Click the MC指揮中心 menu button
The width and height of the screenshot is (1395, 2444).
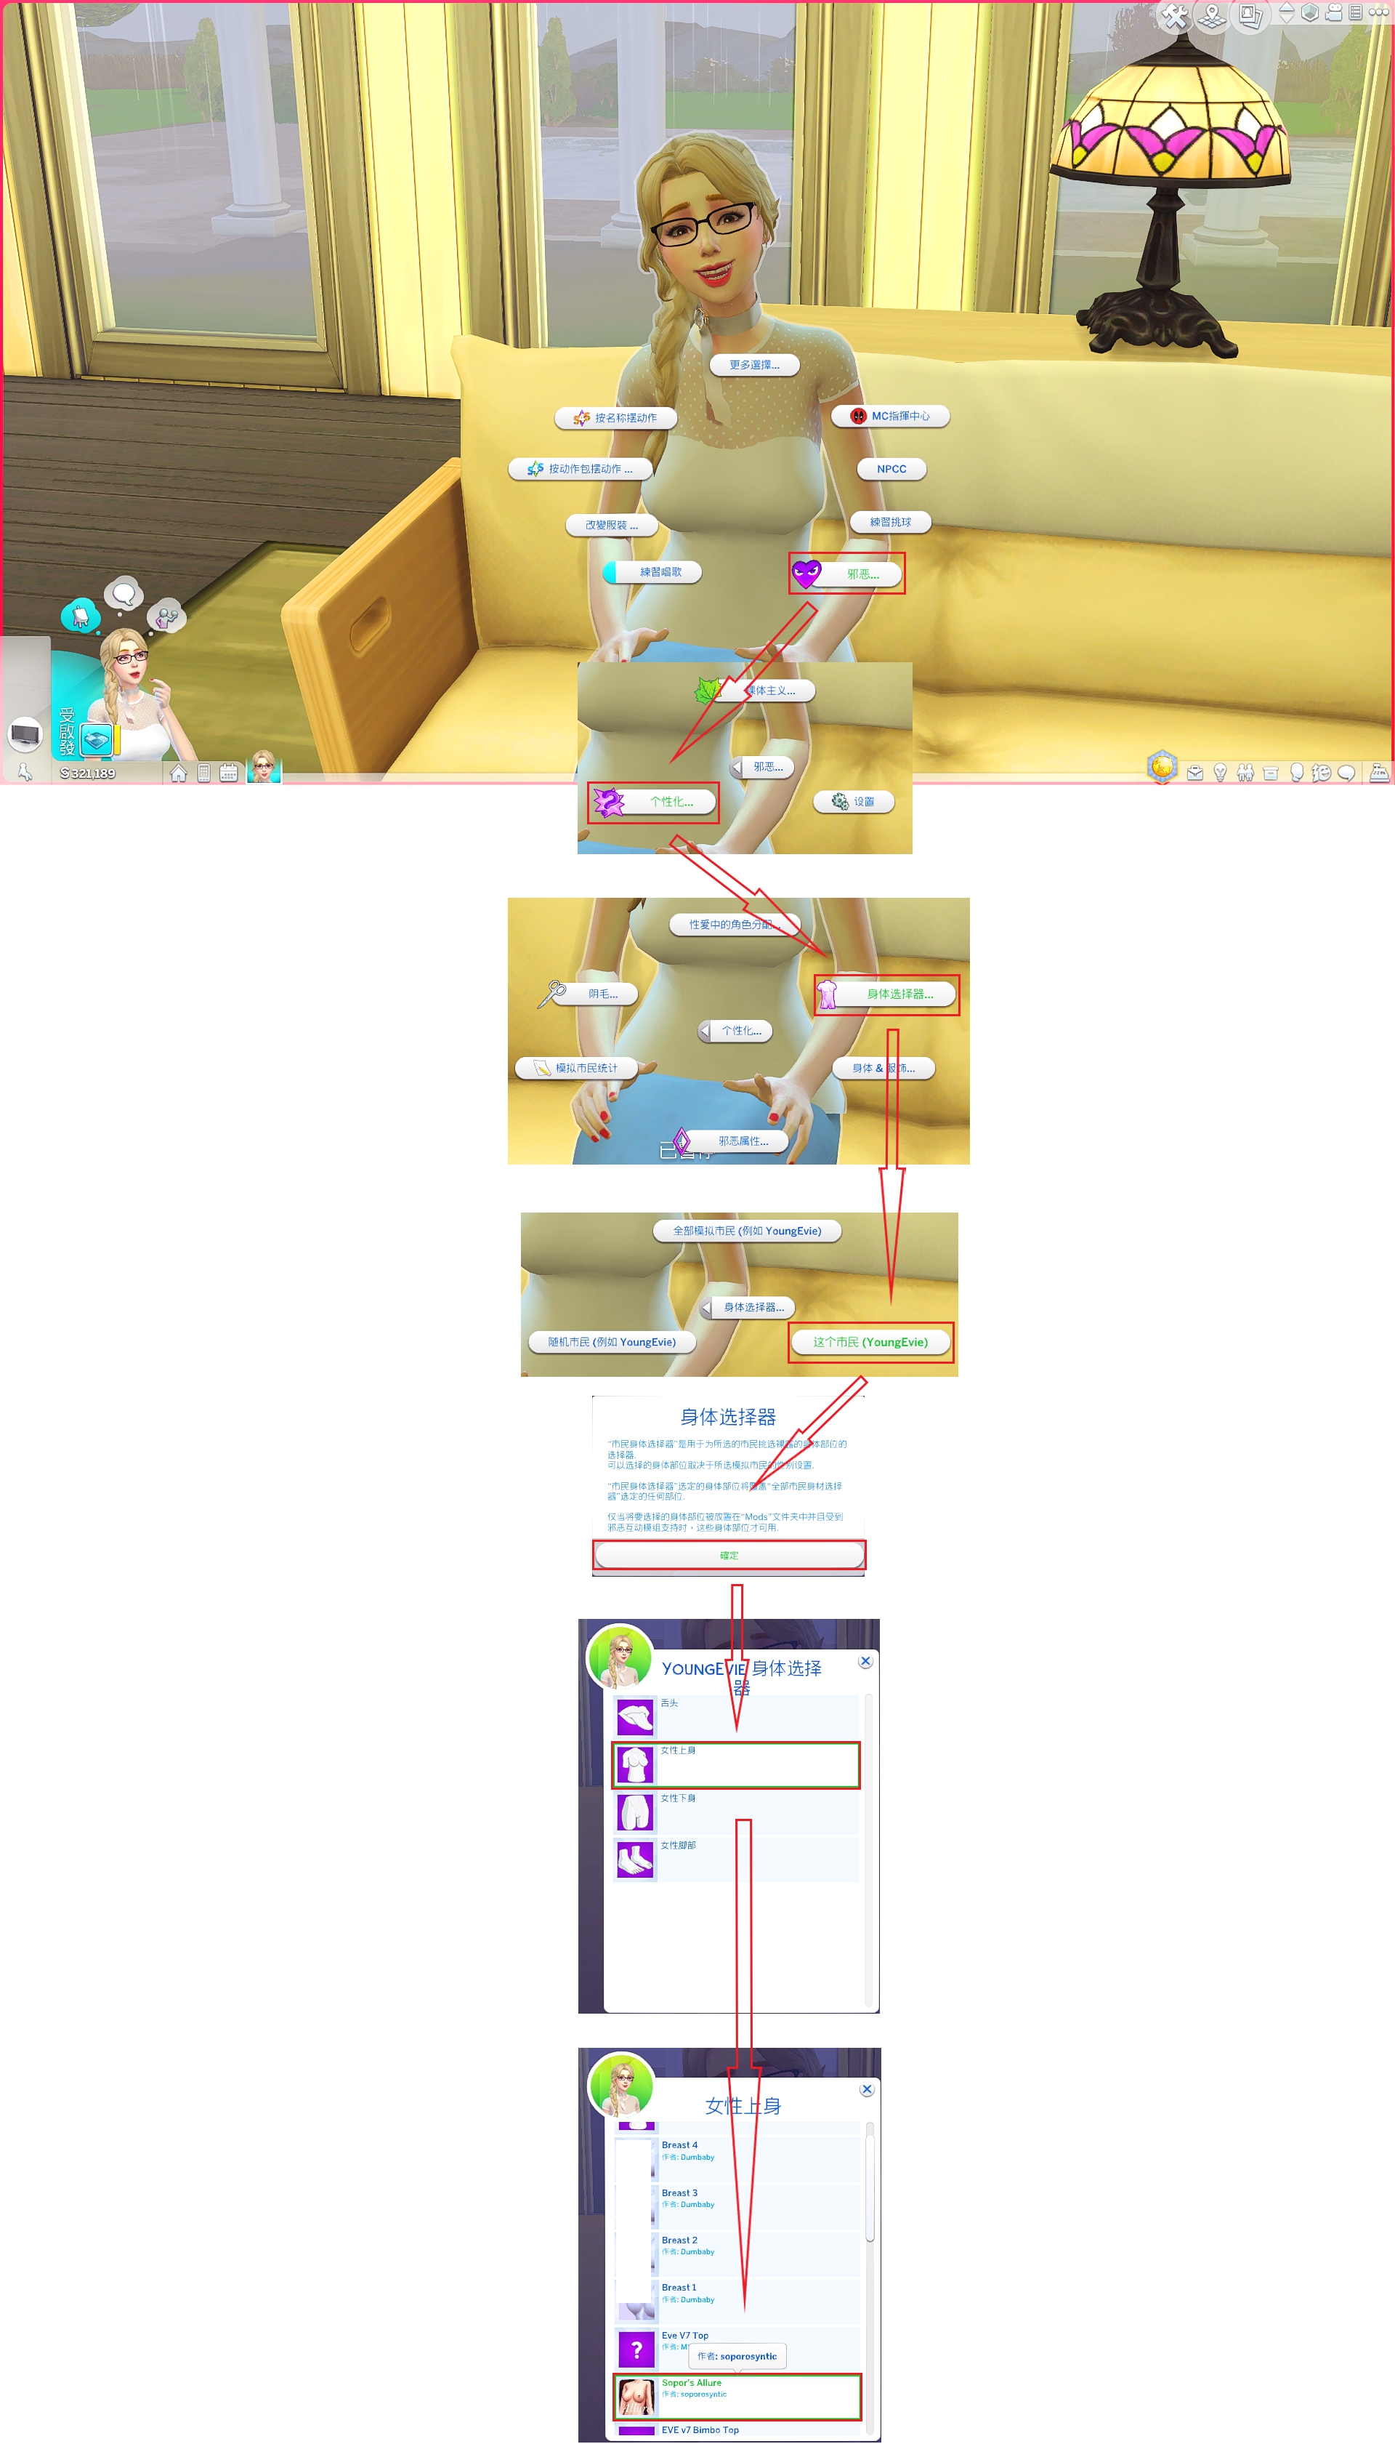(891, 416)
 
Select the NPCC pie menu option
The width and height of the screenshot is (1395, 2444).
(891, 469)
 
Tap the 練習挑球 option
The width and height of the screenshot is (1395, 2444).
(890, 523)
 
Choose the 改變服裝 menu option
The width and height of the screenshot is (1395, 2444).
(611, 526)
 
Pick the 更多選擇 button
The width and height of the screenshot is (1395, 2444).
(754, 365)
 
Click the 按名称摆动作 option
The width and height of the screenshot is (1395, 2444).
(616, 418)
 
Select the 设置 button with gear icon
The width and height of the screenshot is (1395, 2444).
(854, 801)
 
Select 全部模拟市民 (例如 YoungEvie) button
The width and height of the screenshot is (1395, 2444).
(746, 1231)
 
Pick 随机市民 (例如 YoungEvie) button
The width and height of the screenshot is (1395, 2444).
(611, 1342)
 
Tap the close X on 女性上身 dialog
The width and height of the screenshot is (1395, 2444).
(866, 2089)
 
